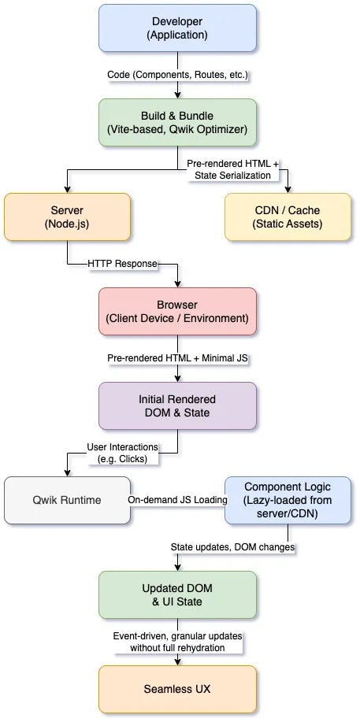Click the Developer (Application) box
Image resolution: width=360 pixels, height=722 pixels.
tap(177, 28)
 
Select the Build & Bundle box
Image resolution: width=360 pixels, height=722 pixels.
tap(177, 122)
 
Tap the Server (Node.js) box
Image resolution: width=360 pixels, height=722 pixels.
tap(67, 217)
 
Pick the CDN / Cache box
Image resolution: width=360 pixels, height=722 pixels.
tap(288, 217)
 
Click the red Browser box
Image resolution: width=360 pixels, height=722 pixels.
tap(177, 311)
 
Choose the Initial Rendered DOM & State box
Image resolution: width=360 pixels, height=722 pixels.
tap(177, 405)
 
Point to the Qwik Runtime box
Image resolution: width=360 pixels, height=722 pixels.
tap(67, 500)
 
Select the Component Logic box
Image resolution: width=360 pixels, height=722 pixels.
tap(288, 500)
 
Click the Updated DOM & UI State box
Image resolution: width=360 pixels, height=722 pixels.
tap(177, 594)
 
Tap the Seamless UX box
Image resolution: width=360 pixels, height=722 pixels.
tap(177, 689)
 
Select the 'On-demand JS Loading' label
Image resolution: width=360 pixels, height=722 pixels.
tap(177, 500)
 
